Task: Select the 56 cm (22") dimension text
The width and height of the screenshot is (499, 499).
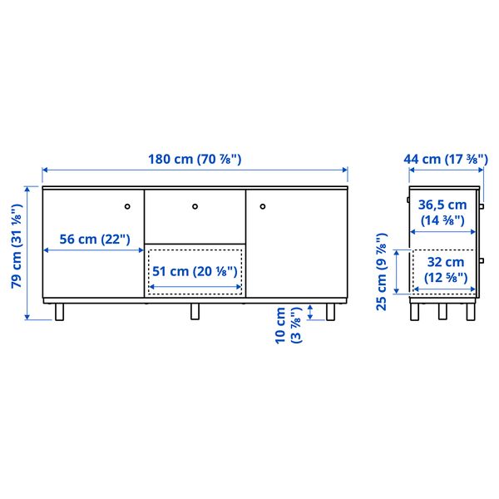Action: [89, 240]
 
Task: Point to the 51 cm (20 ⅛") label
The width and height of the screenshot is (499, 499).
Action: [195, 270]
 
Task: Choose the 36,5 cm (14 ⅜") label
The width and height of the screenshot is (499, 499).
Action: [442, 212]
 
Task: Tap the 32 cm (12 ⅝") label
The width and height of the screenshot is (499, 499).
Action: [443, 269]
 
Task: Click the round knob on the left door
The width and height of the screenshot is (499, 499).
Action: [127, 205]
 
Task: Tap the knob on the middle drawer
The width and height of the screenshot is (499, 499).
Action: [195, 205]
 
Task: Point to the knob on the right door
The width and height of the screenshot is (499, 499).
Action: [261, 205]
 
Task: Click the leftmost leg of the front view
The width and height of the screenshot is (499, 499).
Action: [58, 311]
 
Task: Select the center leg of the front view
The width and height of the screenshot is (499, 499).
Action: [195, 311]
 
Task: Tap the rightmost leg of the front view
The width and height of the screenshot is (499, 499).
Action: [332, 311]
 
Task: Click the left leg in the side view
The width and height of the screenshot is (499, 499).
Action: [415, 311]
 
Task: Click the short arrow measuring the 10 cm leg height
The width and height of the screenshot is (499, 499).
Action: [311, 312]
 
